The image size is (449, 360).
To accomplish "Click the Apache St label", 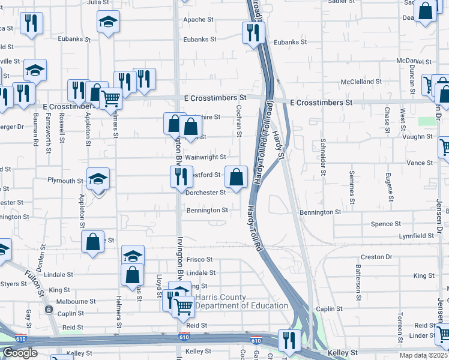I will pos(199,20).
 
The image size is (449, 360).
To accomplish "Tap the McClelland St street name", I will pos(361,82).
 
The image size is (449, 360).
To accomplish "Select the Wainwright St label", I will pos(205,157).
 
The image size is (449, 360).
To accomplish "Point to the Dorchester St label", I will pos(205,193).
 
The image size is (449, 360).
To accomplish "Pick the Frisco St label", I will pos(199,260).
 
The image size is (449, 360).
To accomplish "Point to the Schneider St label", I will pos(324,157).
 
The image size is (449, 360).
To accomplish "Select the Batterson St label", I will pos(358,279).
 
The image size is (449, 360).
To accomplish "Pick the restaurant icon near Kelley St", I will pos(289,340).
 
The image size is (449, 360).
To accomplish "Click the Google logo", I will pos(20,353).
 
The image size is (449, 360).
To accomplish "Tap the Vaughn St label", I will pos(418,137).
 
